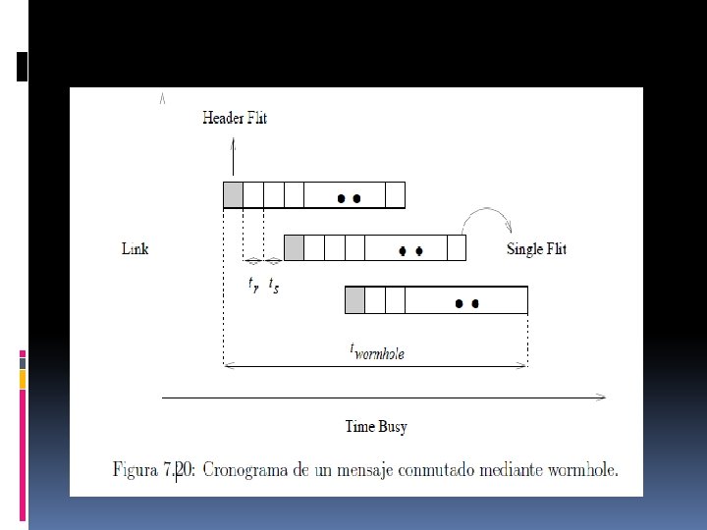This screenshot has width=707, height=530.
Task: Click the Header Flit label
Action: coord(234,119)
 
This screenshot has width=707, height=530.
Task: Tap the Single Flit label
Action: coord(536,248)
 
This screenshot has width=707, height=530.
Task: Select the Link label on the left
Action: coord(135,248)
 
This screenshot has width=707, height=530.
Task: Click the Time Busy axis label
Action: coord(376,426)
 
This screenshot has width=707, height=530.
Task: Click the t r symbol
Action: coord(253,286)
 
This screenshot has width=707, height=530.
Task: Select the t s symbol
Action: coord(274,286)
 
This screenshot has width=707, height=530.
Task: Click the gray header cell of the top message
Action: coord(234,195)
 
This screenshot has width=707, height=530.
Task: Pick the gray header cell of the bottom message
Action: coord(355,299)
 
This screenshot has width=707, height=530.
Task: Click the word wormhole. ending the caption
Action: coord(583,470)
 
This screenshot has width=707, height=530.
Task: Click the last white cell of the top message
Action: coord(395,195)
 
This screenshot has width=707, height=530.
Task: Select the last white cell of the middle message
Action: coord(457,248)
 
